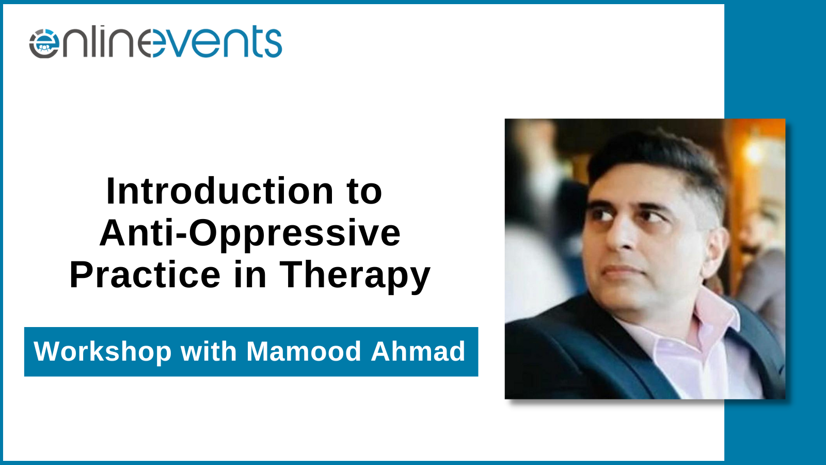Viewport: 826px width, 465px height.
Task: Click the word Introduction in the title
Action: (220, 191)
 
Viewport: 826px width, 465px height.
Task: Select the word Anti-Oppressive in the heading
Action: (250, 233)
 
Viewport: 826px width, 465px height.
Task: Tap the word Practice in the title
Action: (145, 274)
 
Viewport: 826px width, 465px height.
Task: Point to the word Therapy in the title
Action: (355, 276)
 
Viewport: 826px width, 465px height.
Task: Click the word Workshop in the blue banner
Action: (103, 352)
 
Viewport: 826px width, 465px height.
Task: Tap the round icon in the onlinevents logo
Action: (44, 43)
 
